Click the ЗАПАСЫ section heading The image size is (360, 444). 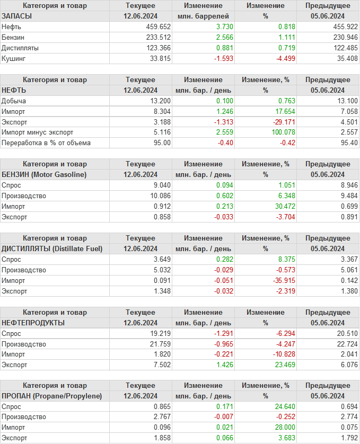pyautogui.click(x=17, y=16)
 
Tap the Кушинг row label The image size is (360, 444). pyautogui.click(x=14, y=58)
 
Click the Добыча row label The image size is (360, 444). pyautogui.click(x=14, y=101)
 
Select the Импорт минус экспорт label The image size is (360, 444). pyautogui.click(x=38, y=132)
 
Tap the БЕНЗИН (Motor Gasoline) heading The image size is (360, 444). pyautogui.click(x=44, y=174)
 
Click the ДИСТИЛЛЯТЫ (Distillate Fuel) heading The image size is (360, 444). pyautogui.click(x=52, y=248)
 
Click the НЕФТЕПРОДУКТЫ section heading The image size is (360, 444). pyautogui.click(x=33, y=323)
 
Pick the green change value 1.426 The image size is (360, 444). pyautogui.click(x=224, y=365)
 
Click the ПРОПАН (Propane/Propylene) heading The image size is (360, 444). pyautogui.click(x=52, y=396)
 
